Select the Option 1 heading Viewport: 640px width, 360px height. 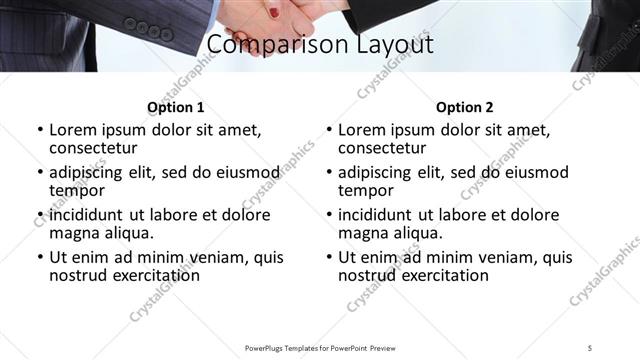175,107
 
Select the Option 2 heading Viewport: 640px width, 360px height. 464,107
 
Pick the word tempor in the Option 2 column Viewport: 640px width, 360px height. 365,190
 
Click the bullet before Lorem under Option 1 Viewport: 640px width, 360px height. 40,130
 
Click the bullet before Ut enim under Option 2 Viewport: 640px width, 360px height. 329,257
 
